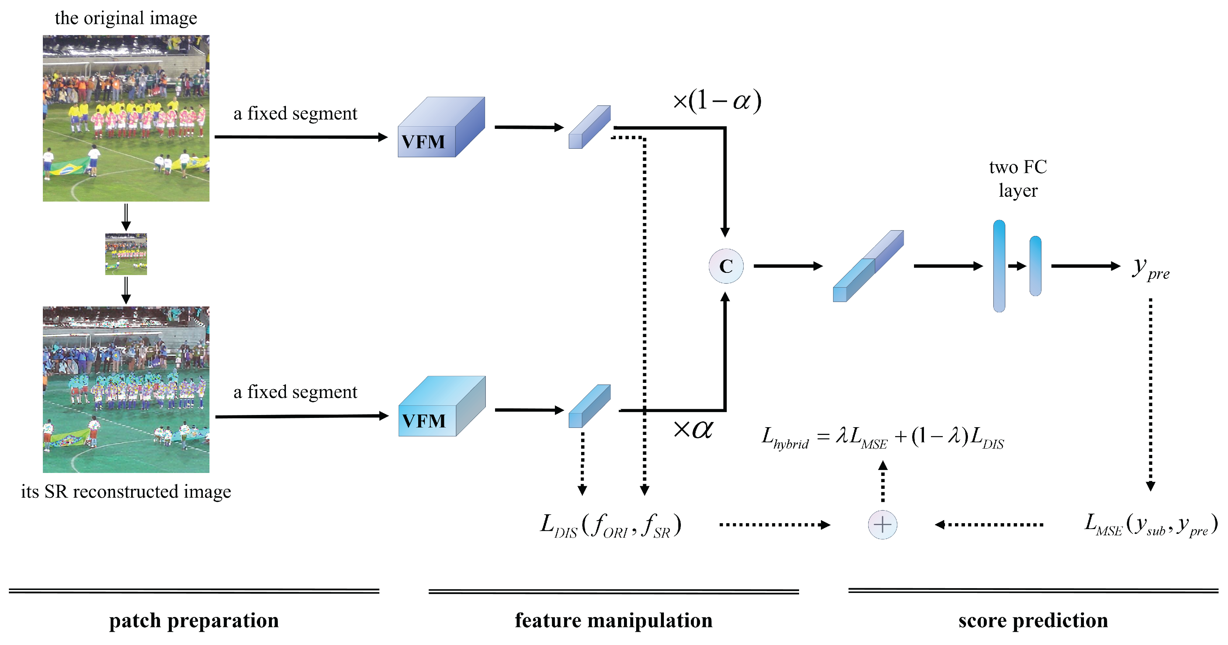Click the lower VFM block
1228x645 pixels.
click(441, 407)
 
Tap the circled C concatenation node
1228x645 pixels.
click(726, 266)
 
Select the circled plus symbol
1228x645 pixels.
click(882, 525)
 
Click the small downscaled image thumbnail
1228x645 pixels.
click(126, 254)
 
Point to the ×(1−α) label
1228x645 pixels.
click(716, 100)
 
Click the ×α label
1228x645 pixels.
click(693, 429)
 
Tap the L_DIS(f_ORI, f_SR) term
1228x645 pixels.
click(611, 525)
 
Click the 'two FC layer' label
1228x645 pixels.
click(1018, 179)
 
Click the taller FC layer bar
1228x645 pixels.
click(999, 266)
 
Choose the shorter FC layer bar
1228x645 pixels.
click(1036, 266)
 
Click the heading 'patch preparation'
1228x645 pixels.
click(194, 620)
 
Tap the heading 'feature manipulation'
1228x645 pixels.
click(614, 620)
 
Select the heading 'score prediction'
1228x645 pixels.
click(1033, 620)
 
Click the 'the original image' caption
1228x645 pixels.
click(126, 18)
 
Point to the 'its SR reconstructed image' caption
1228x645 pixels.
click(126, 491)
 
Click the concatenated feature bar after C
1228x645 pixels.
click(868, 266)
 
